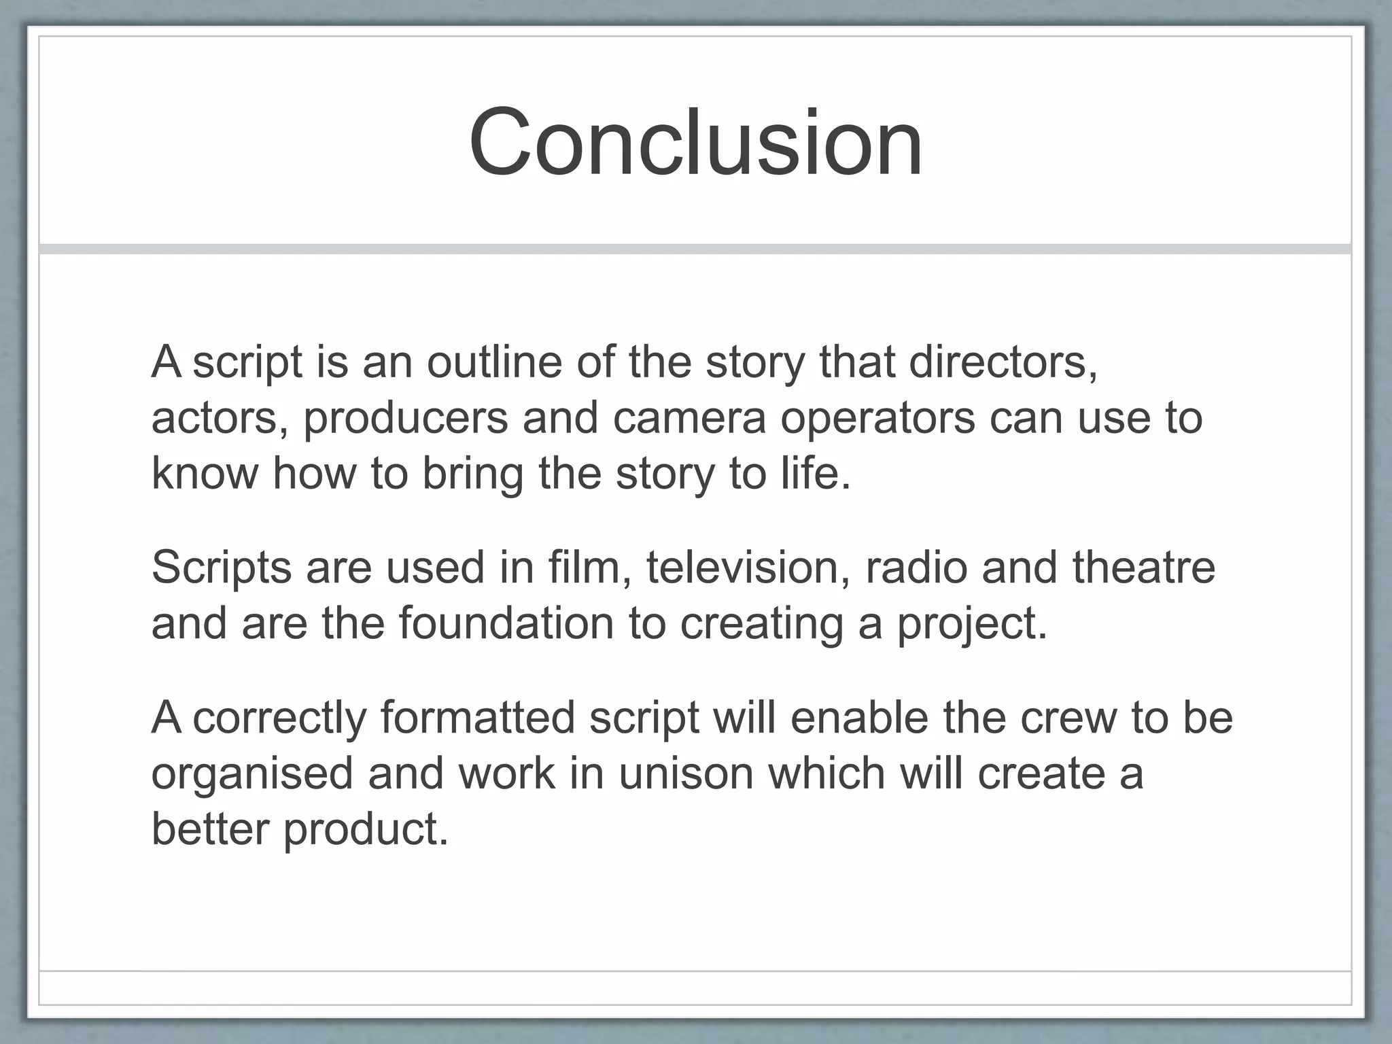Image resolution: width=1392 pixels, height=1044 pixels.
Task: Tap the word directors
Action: point(1003,362)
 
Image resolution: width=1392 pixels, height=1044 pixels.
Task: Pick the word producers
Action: point(405,419)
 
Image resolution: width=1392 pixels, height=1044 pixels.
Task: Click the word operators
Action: point(877,419)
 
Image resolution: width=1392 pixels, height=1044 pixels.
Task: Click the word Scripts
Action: point(221,568)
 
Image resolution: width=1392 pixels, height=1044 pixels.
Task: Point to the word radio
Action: point(916,567)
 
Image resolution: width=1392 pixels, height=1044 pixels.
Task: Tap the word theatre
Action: point(1144,567)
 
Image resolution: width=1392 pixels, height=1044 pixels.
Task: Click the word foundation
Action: point(506,623)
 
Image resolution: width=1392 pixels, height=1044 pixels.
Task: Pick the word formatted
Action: point(477,718)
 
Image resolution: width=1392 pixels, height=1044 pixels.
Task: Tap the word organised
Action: point(252,775)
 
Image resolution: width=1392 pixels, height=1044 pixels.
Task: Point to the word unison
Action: point(686,773)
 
